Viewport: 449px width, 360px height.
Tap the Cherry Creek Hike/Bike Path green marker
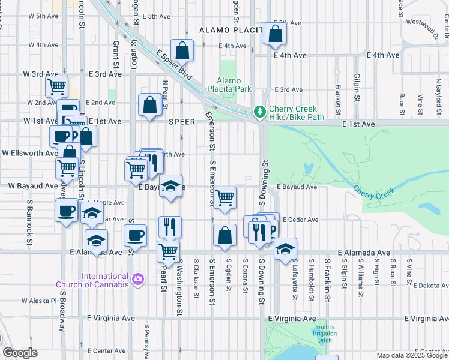tap(259, 112)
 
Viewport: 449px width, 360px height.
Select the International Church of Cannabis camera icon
tap(138, 279)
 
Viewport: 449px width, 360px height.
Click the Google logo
tap(20, 353)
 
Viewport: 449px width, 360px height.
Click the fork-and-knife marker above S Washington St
tap(170, 226)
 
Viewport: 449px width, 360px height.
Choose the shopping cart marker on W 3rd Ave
tap(56, 86)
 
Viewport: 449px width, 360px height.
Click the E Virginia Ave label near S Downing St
tap(292, 318)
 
